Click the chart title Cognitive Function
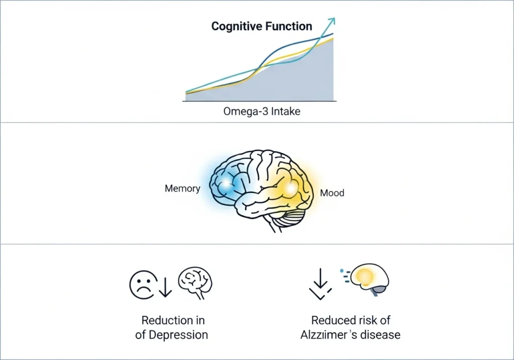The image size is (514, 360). point(262,27)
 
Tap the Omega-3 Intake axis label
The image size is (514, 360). point(262,111)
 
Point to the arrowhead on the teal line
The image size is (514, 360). point(332,21)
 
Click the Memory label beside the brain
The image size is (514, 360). point(182,188)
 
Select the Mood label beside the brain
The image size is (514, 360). point(332,193)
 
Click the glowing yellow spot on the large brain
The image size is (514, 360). point(290,188)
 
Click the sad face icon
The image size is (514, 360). point(143,285)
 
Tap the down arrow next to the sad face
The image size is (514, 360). point(165,287)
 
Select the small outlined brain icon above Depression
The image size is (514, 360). point(195,283)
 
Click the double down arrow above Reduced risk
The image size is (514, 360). point(320,284)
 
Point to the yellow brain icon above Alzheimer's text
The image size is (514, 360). point(369,280)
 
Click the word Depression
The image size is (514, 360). point(178,335)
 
